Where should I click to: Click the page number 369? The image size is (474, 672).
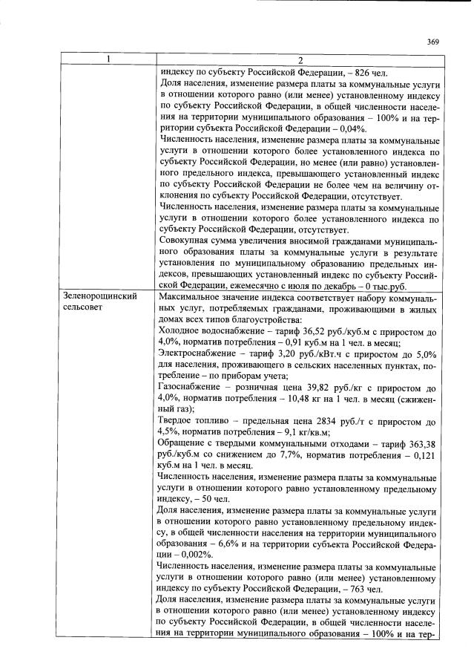click(x=433, y=42)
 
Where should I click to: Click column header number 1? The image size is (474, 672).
click(x=108, y=59)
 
